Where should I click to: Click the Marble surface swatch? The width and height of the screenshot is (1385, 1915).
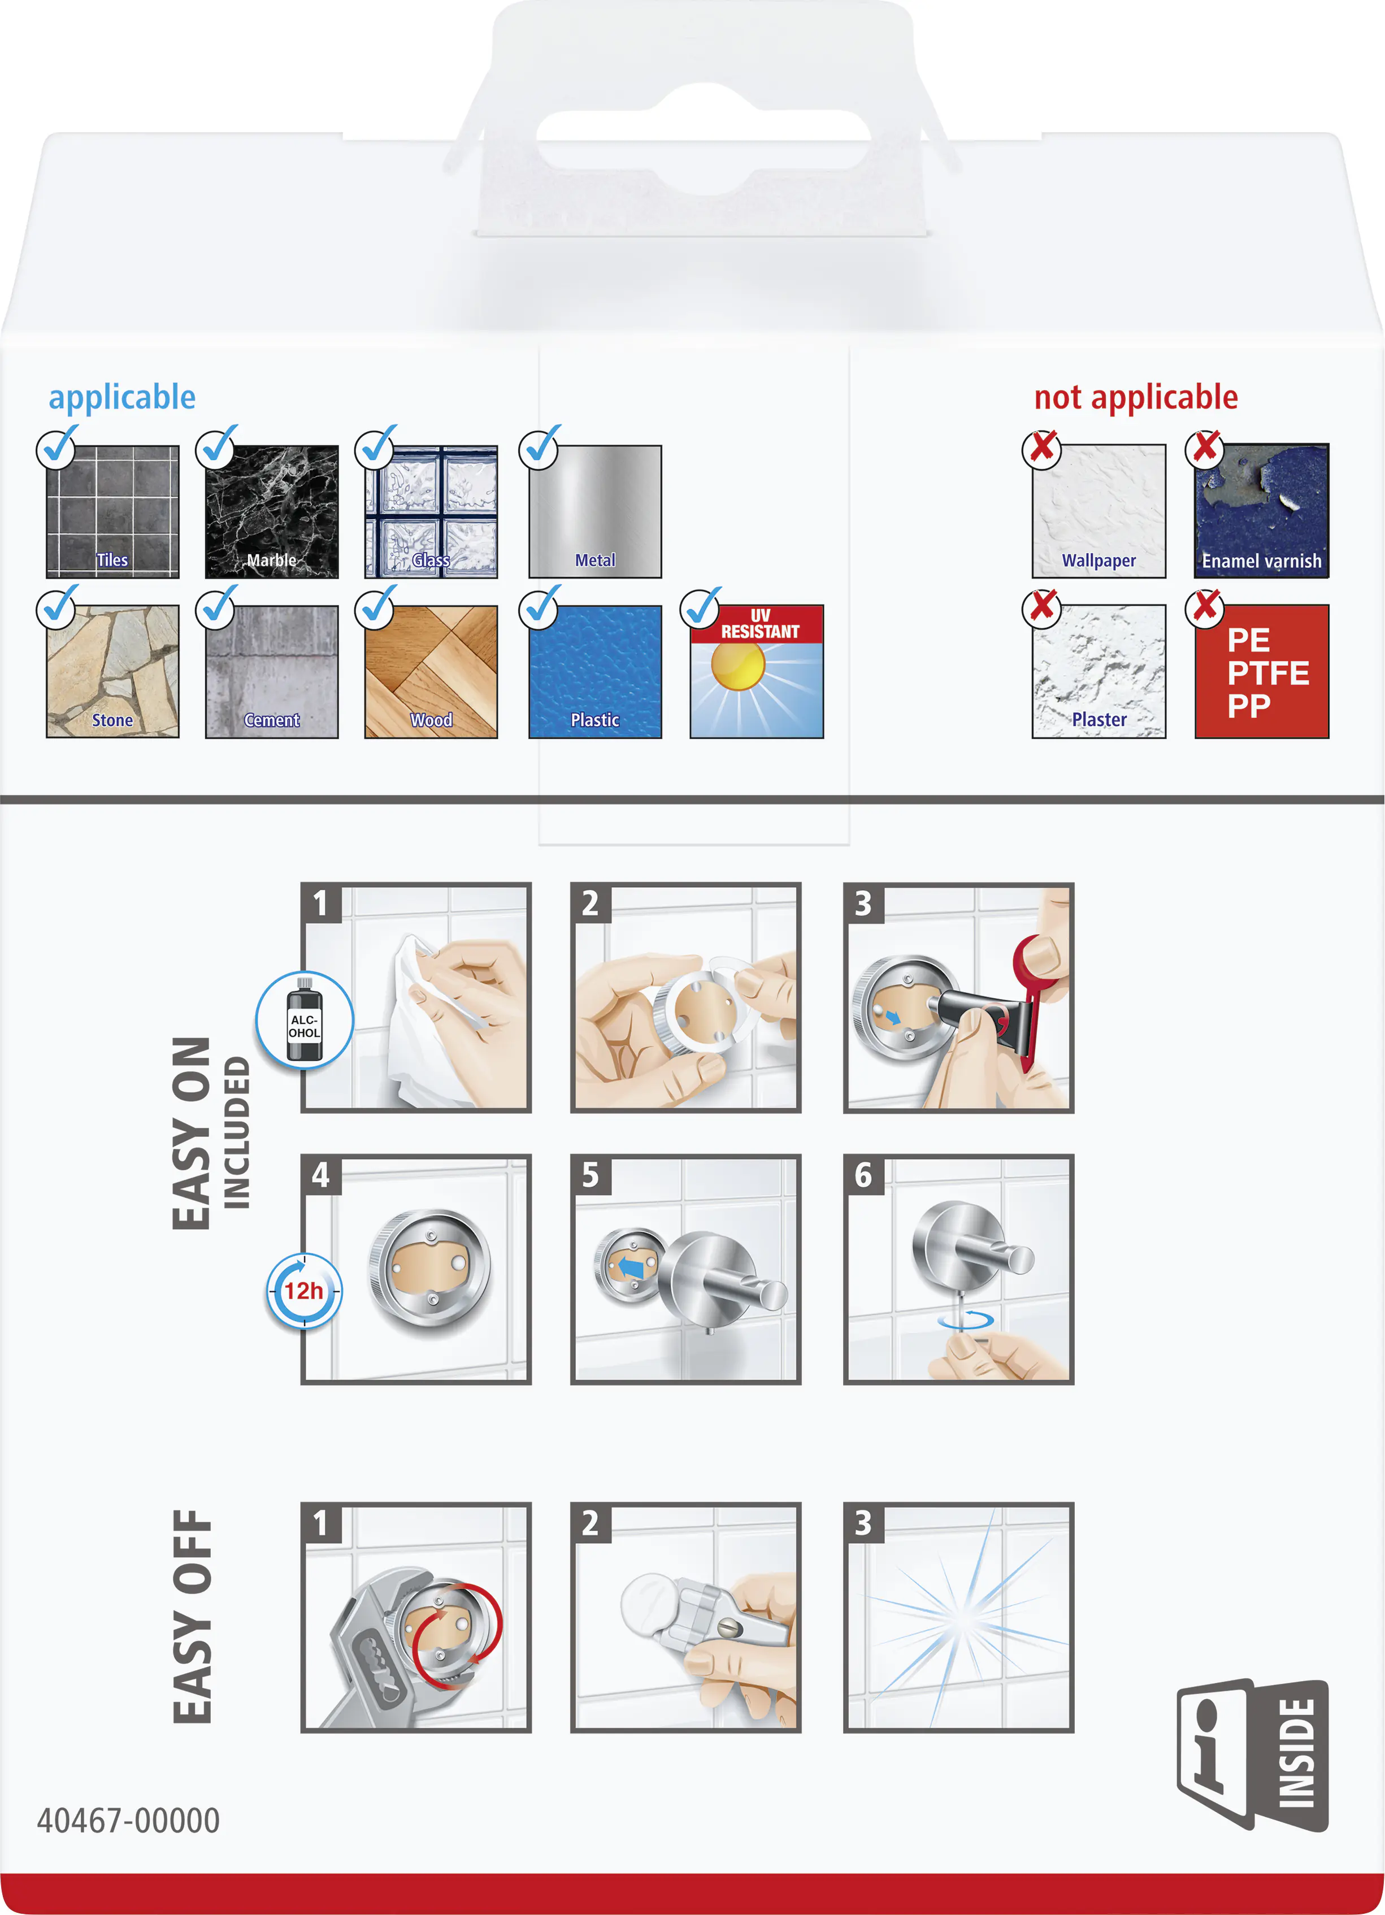272,512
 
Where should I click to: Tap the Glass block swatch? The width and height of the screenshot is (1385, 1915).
431,512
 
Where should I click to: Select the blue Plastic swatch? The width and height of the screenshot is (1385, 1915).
596,672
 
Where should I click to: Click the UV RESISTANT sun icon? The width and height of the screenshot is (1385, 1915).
757,672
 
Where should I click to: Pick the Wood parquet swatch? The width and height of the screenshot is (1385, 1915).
431,672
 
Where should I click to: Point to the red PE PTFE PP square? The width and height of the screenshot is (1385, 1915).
1262,672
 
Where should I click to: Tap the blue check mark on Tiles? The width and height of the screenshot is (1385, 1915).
58,444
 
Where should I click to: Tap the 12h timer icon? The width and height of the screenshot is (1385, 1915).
304,1291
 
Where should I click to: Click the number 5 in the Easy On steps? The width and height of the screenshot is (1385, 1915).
591,1175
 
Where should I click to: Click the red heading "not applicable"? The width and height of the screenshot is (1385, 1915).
1136,397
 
